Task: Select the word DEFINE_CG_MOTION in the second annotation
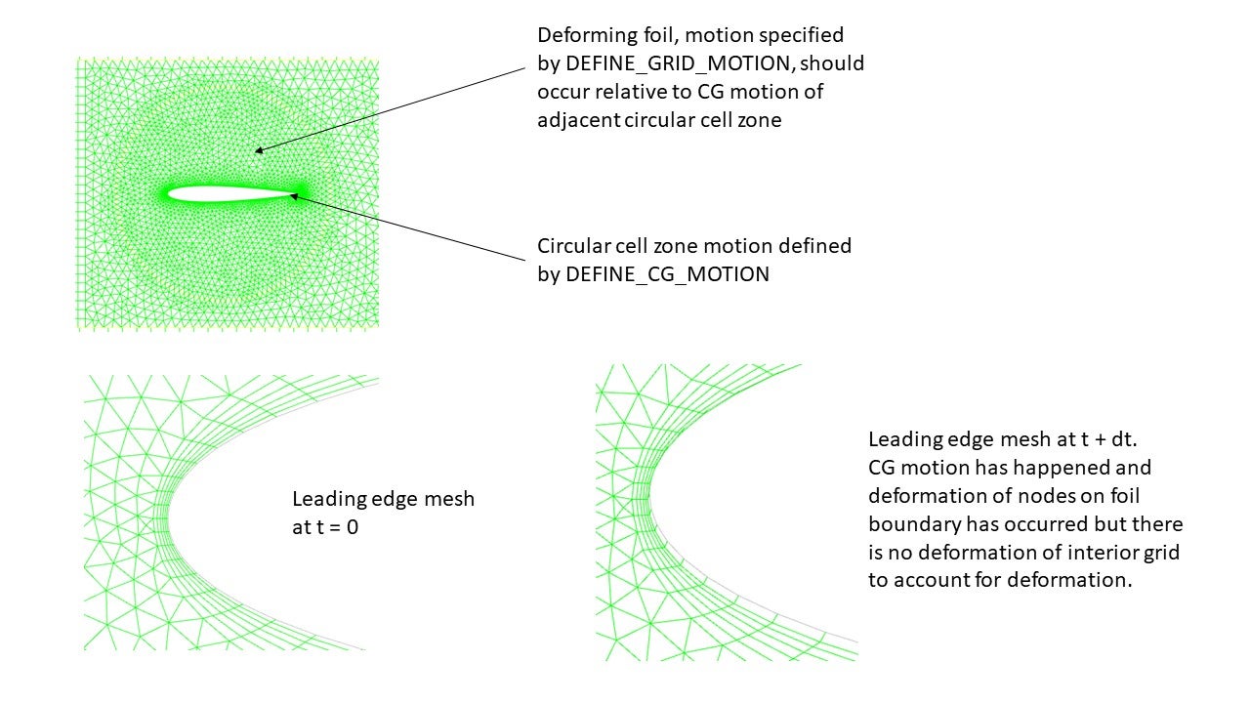668,274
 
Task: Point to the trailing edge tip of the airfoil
296,194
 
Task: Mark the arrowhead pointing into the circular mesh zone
259,150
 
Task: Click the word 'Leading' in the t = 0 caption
329,499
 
